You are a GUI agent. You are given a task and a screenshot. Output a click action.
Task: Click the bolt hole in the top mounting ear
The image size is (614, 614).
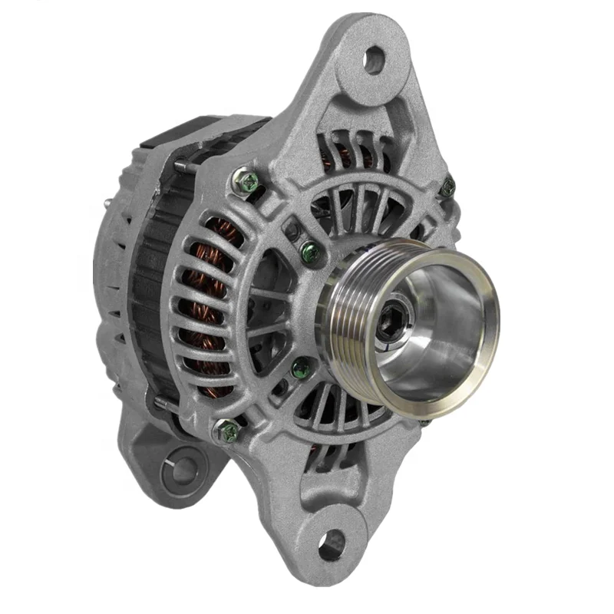pos(374,59)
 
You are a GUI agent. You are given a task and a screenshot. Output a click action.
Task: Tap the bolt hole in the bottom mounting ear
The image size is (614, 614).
pos(331,544)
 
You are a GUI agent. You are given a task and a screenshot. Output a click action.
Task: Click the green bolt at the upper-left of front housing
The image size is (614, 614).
pos(248,182)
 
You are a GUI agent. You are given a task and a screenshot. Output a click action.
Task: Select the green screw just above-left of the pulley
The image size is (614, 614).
pos(309,249)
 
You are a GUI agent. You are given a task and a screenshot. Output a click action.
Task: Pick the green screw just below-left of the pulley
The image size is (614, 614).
pos(300,368)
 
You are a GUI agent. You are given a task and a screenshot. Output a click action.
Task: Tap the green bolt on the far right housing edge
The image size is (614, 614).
pos(448,187)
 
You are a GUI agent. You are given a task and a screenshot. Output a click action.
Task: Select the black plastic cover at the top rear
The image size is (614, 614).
pos(192,130)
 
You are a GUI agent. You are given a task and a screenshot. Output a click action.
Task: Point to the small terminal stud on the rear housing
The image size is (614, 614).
pos(106,203)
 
